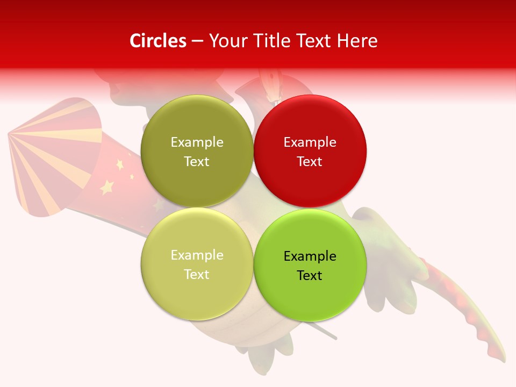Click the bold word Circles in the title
tap(158, 41)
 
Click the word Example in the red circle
tap(310, 142)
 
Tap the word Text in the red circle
tap(310, 162)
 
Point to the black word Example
tap(310, 256)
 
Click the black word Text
tap(310, 276)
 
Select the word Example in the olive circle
tap(197, 142)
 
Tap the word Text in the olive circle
tap(197, 162)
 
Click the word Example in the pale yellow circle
tap(197, 255)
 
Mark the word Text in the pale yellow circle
tap(197, 275)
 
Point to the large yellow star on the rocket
tap(107, 187)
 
